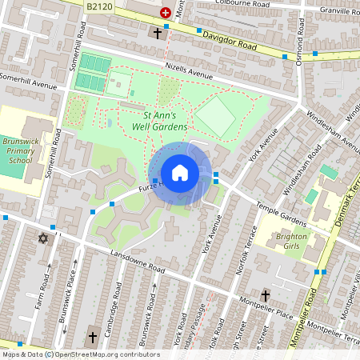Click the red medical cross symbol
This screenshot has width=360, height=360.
(166, 13)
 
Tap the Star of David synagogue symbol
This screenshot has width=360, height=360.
(42, 238)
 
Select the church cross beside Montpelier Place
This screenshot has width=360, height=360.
(265, 294)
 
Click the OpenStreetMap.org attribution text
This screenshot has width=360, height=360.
(96, 354)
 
